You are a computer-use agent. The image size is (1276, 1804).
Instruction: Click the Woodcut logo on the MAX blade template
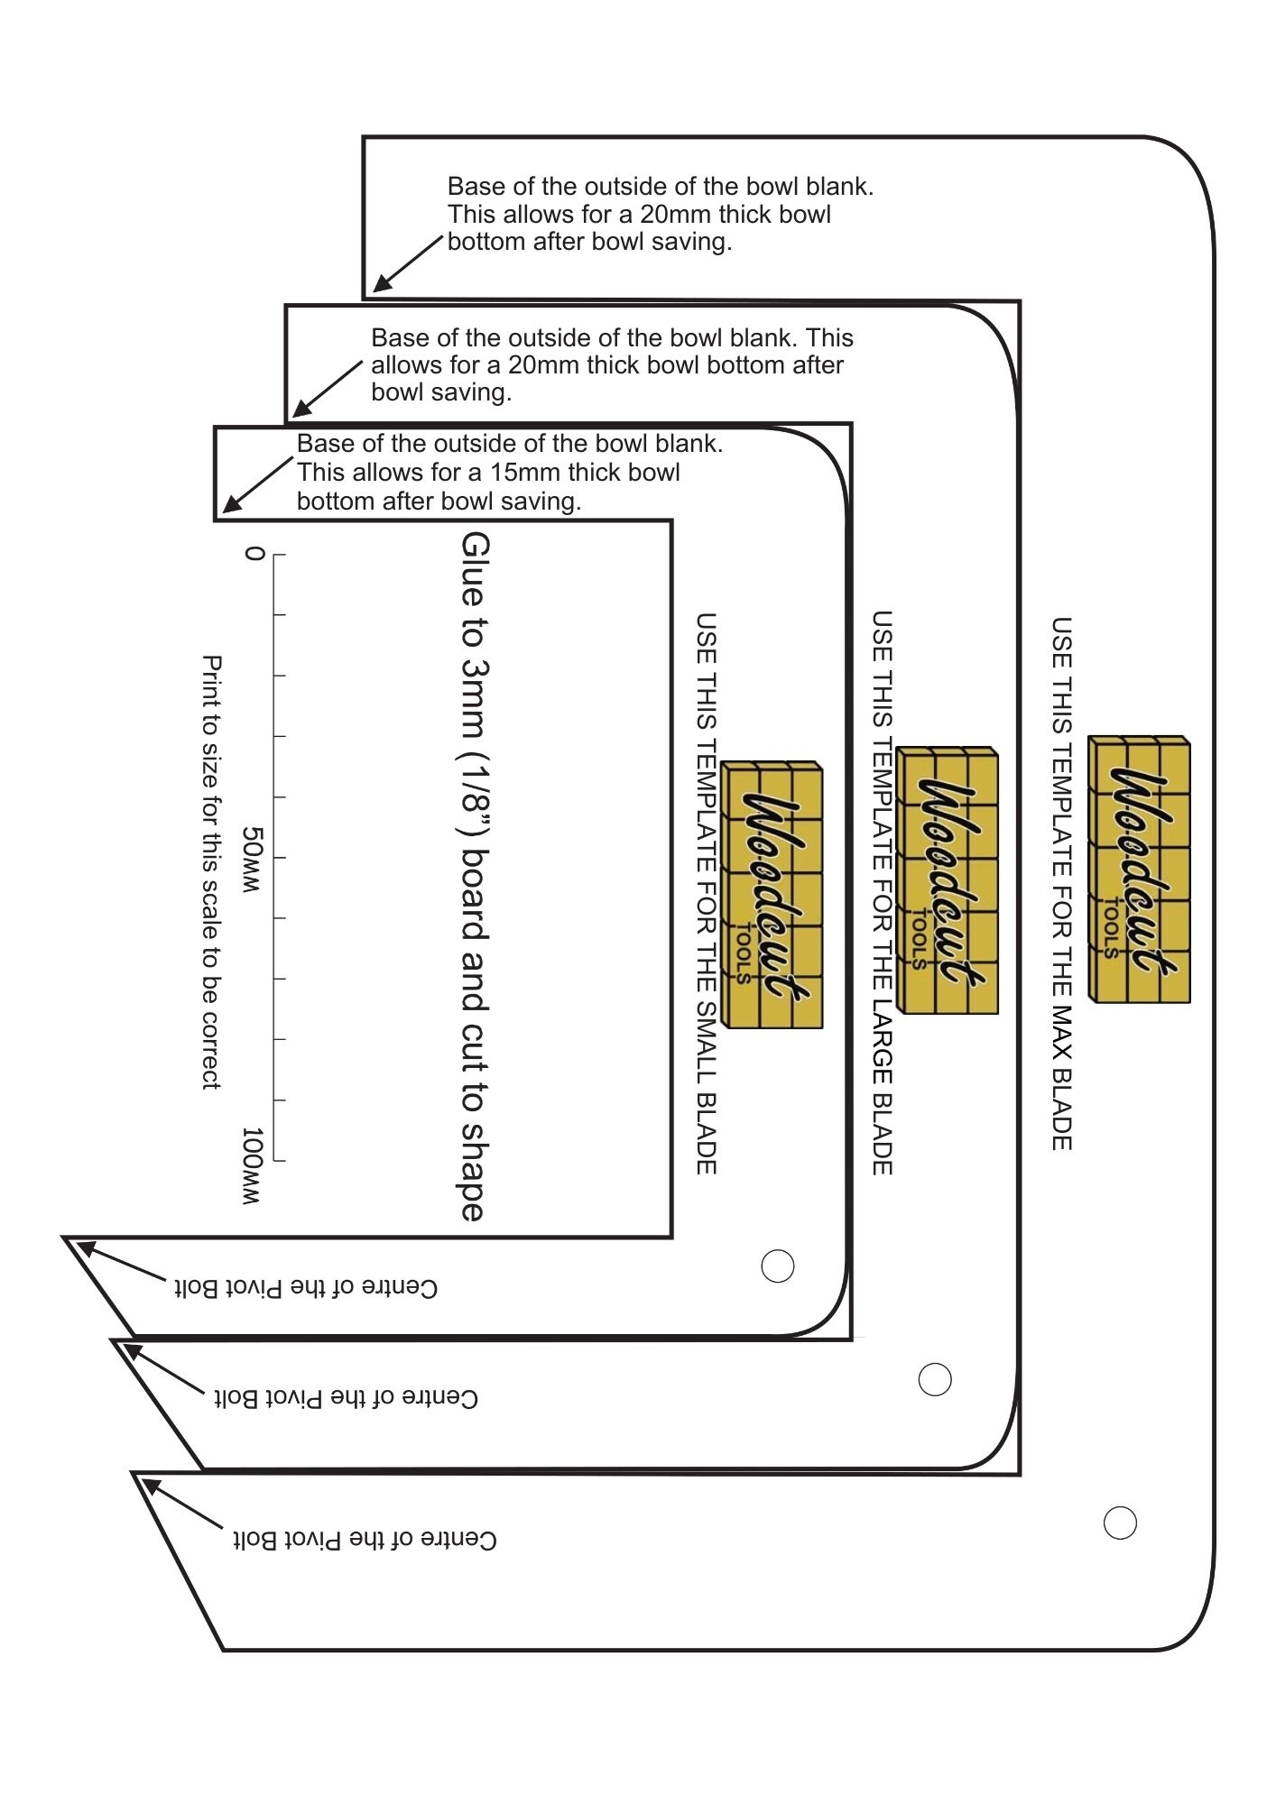click(1139, 870)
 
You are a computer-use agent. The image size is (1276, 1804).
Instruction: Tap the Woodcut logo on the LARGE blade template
click(948, 880)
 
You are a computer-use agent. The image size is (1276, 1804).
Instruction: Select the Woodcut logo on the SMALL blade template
click(772, 896)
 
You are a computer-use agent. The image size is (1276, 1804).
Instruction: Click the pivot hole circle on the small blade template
click(778, 1266)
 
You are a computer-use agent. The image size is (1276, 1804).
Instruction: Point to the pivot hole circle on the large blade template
click(935, 1379)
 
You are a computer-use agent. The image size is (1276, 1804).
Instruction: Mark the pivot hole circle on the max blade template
click(1120, 1523)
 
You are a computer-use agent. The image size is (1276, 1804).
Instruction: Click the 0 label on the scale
click(254, 553)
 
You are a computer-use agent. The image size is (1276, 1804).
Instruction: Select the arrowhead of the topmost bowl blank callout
click(379, 287)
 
